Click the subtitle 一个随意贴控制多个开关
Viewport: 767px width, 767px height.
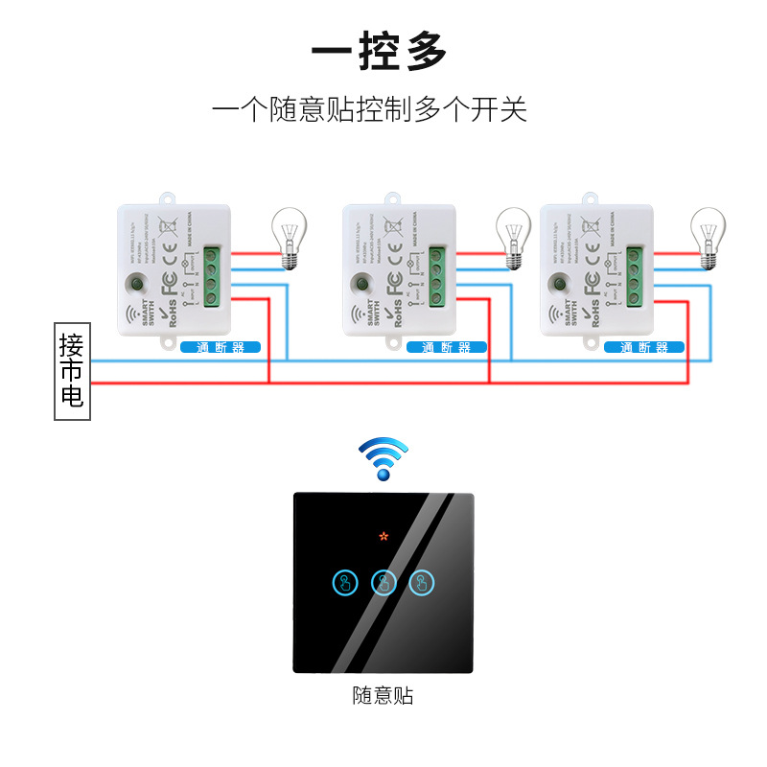[370, 108]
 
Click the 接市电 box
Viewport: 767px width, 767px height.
[71, 372]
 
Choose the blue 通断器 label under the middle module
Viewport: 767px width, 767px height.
[447, 347]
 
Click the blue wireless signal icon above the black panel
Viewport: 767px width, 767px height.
[383, 458]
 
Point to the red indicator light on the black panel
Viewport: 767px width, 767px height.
[383, 536]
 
